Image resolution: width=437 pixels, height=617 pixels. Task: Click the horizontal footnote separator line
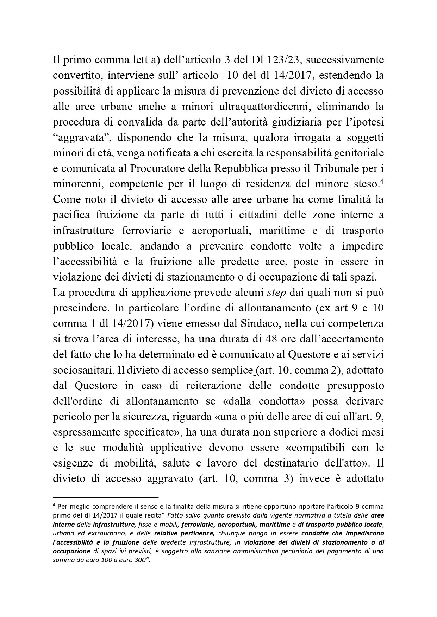106,497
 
